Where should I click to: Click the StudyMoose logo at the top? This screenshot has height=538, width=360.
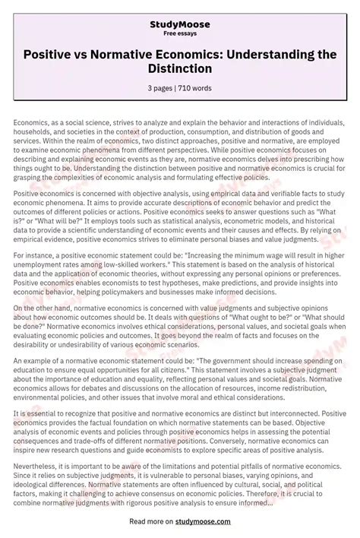point(179,24)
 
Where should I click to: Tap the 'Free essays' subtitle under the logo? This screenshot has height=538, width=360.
point(179,35)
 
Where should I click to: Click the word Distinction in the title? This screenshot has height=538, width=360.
point(179,69)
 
